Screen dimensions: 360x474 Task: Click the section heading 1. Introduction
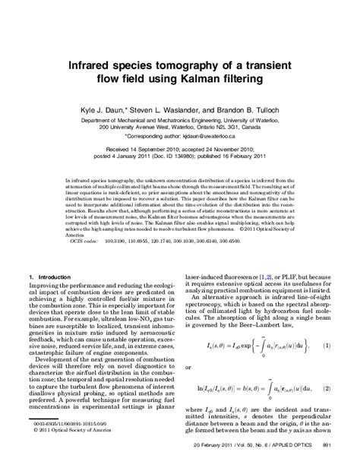coord(49,276)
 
